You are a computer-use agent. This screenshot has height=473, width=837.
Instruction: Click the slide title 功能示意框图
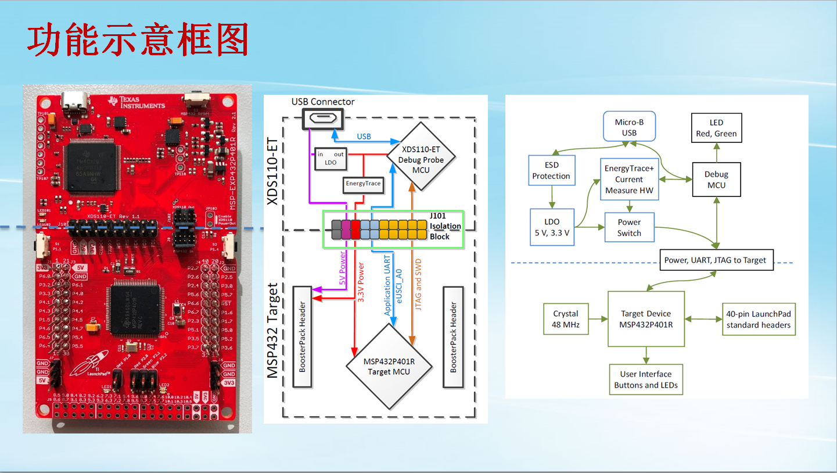[138, 41]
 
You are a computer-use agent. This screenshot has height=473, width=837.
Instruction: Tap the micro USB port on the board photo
[74, 103]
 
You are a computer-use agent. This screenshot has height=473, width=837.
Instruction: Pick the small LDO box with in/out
[330, 159]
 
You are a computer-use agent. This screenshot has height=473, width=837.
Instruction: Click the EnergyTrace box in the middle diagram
[363, 184]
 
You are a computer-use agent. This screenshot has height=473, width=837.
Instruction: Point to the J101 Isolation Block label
[445, 226]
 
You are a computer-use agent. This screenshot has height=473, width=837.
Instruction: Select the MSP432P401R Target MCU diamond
[389, 367]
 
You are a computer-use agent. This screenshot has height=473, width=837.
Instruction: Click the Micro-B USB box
[629, 127]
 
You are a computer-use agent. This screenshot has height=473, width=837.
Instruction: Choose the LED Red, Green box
[716, 128]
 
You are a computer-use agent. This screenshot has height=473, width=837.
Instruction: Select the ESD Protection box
[551, 170]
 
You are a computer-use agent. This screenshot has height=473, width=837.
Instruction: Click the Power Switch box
[629, 228]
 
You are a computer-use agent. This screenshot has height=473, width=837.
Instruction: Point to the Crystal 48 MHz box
[565, 319]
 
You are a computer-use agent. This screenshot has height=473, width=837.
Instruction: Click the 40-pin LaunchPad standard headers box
[758, 319]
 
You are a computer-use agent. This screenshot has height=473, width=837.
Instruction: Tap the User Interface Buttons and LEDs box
[645, 379]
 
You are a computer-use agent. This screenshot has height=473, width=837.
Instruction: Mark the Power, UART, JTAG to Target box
[715, 260]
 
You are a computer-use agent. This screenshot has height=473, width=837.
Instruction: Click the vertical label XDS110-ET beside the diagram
[272, 171]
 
